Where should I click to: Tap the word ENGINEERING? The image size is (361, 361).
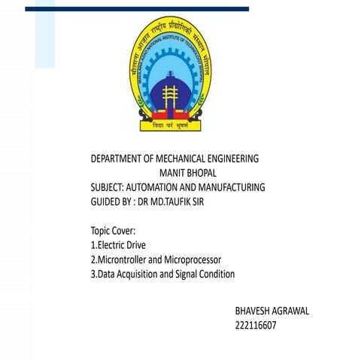click(232, 159)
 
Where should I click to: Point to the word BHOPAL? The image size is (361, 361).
click(199, 173)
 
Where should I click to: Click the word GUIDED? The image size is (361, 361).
click(105, 202)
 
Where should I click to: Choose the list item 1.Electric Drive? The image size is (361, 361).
click(118, 244)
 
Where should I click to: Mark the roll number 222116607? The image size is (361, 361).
click(256, 326)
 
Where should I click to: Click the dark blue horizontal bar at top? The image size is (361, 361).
click(136, 9)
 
